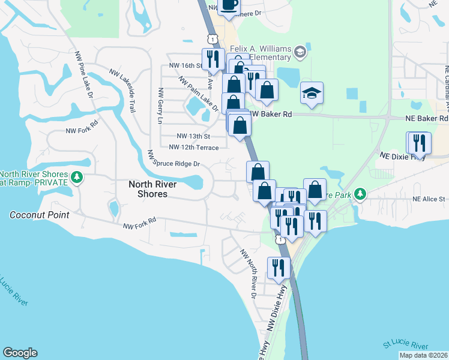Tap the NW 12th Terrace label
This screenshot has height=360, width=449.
coord(194,147)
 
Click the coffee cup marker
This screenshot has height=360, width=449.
coord(229,5)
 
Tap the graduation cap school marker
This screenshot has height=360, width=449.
coord(312,93)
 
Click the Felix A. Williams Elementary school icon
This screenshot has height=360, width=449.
coord(300,53)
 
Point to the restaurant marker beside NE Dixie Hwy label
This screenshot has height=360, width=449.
coord(420,143)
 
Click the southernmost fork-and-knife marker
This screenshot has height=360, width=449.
coord(277,268)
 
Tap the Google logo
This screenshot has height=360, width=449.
coord(20,353)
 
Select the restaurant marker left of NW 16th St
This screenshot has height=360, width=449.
coord(212,59)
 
